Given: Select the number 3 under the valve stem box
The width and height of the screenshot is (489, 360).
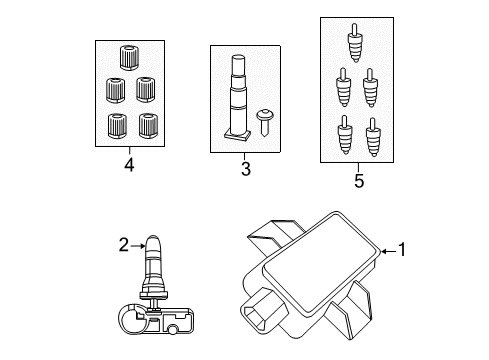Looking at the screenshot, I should pyautogui.click(x=244, y=170).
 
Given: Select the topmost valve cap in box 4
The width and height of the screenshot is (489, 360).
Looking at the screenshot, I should pyautogui.click(x=128, y=56).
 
